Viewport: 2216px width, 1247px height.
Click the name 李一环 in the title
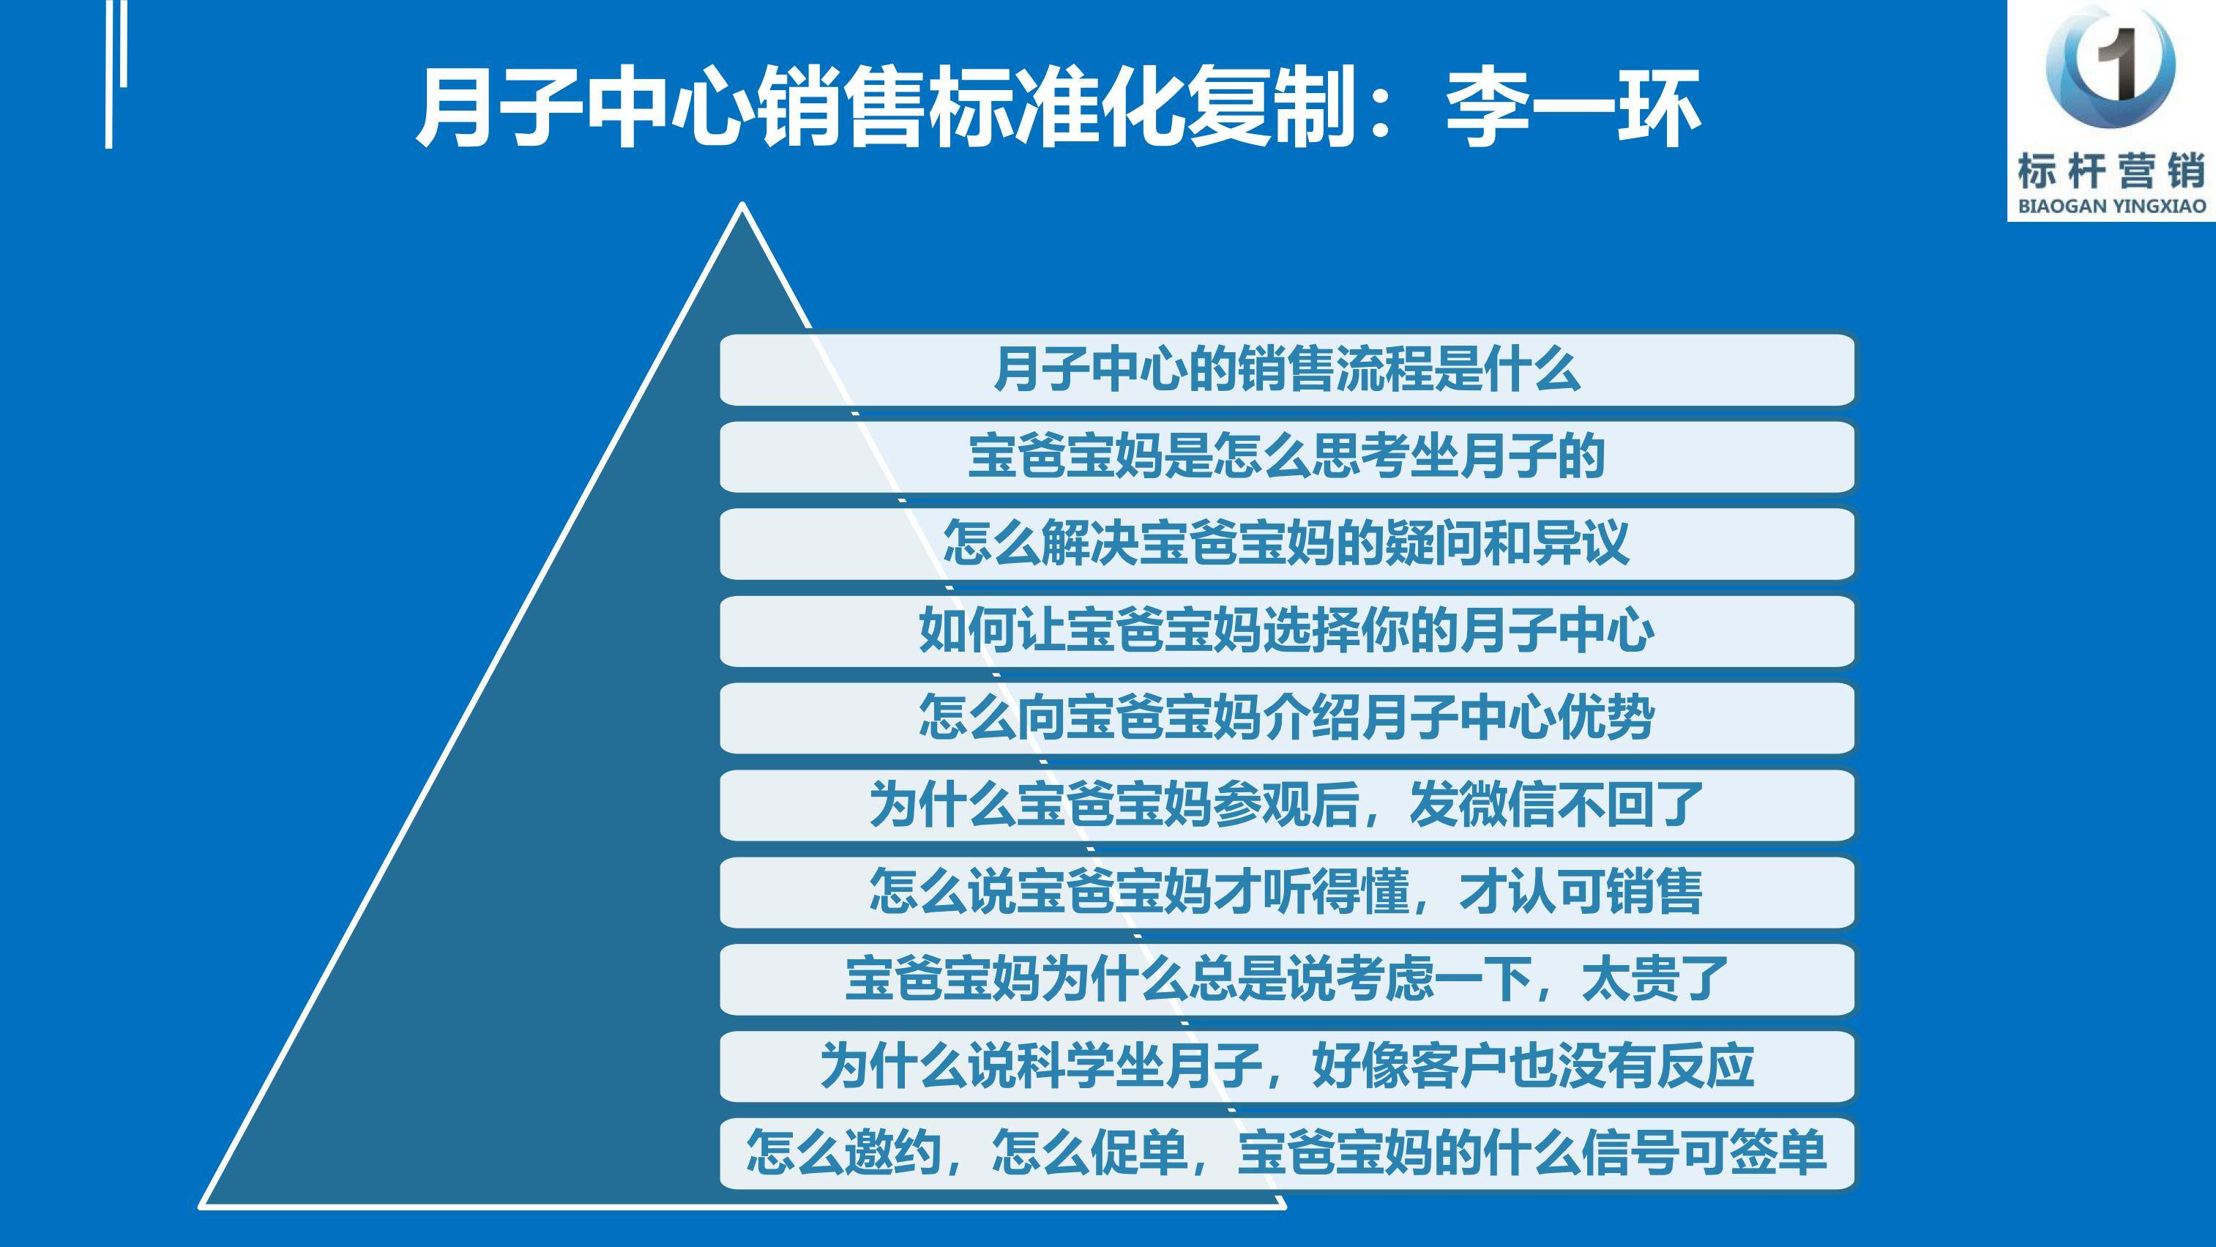click(x=1573, y=109)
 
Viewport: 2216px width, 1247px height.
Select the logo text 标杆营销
click(x=2111, y=171)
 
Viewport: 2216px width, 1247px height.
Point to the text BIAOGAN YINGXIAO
click(x=2111, y=206)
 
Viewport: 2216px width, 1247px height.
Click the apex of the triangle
click(x=742, y=205)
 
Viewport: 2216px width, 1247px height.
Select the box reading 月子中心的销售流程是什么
click(x=1287, y=370)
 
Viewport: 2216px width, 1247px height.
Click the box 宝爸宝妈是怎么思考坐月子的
click(x=1287, y=457)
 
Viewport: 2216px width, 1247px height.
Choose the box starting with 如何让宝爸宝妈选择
click(x=1287, y=630)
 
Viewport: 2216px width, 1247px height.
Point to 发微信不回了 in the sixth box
click(x=1556, y=805)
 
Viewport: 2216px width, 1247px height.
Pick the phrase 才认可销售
click(x=1581, y=892)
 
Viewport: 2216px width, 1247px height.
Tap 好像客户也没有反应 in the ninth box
click(x=1532, y=1066)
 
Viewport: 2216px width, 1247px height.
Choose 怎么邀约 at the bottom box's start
click(x=844, y=1153)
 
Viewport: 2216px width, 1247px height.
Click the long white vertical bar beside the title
click(x=109, y=74)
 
